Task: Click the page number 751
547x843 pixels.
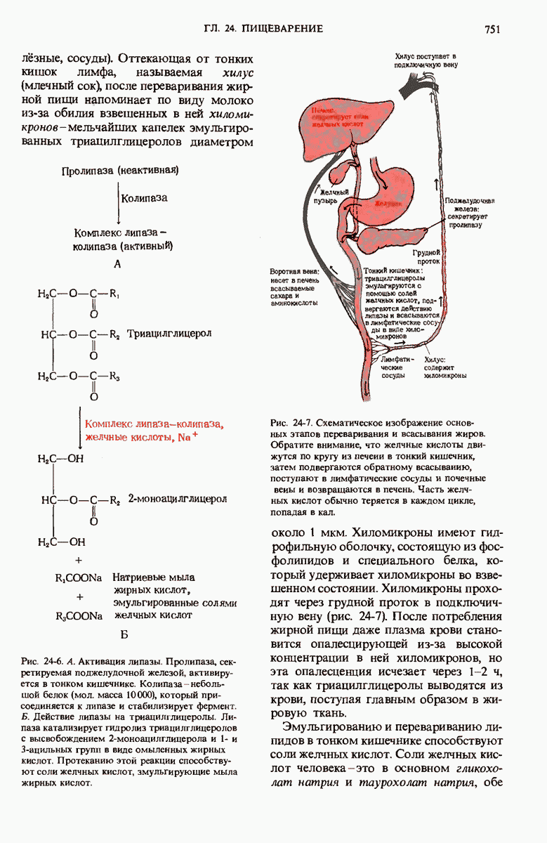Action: point(491,29)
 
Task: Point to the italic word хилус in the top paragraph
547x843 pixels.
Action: point(237,73)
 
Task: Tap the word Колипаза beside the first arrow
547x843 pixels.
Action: point(145,198)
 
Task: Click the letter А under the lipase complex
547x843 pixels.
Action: point(117,264)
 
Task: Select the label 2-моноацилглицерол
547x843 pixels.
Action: point(178,499)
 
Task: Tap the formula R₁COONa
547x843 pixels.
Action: point(79,578)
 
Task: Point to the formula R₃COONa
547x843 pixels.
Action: point(79,615)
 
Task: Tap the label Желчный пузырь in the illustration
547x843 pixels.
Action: point(334,195)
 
